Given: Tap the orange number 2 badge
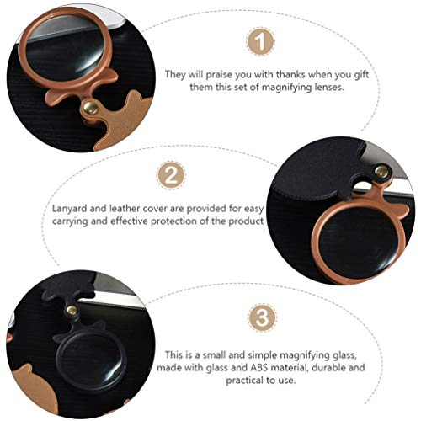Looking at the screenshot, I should (171, 175).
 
